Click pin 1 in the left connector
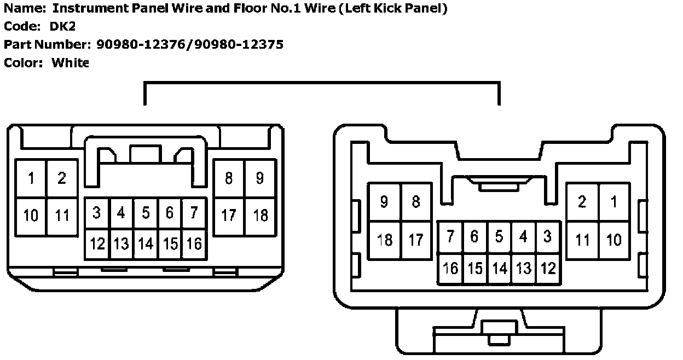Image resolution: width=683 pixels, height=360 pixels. (31, 178)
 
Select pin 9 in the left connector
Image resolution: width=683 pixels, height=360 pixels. (259, 178)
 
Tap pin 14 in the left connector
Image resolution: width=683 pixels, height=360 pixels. (146, 243)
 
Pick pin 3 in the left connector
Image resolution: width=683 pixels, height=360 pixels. (97, 213)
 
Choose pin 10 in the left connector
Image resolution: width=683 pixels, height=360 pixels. (31, 216)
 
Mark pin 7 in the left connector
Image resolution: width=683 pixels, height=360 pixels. (194, 213)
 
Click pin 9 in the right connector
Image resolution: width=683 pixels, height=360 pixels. (384, 201)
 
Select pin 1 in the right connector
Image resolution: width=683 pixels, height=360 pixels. (614, 201)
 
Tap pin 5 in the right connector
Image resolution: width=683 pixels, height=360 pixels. (499, 236)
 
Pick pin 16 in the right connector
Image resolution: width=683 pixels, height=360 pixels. (450, 268)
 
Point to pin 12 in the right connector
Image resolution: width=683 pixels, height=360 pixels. (548, 268)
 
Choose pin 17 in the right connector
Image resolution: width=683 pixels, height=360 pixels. (416, 240)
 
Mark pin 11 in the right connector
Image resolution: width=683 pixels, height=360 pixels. (582, 240)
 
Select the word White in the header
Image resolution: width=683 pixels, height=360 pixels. (70, 62)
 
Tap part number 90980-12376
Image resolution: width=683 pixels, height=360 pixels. (141, 44)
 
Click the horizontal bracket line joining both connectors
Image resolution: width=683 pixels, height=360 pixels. (322, 83)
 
